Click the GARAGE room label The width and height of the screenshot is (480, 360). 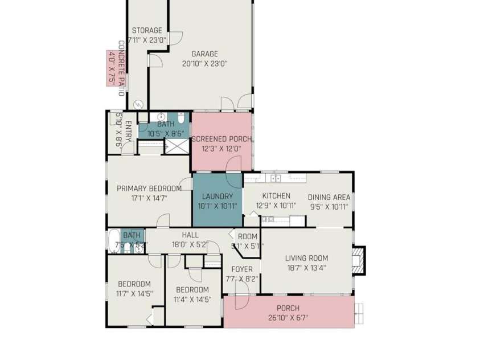[204, 54]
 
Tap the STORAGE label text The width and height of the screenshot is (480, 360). [147, 31]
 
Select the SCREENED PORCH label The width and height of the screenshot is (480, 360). [221, 139]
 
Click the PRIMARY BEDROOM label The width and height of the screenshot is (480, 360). [149, 189]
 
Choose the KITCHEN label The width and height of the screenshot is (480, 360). [276, 197]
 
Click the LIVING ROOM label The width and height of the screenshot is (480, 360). [306, 258]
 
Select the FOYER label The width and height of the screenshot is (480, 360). [241, 269]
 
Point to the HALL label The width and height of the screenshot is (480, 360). [190, 235]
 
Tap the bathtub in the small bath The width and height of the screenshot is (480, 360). [113, 240]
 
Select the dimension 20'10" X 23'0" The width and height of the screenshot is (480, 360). [204, 64]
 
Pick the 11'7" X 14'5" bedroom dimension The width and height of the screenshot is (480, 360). [134, 294]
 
